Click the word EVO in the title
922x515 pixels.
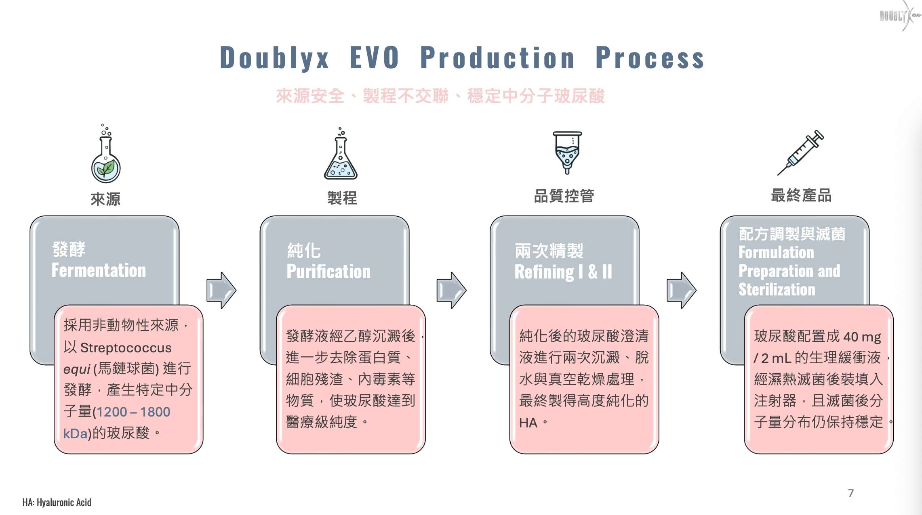375,58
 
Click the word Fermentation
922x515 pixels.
99,270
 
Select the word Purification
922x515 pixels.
328,272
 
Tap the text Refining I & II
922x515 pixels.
563,272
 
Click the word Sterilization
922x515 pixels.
777,290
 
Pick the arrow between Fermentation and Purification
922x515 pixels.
221,290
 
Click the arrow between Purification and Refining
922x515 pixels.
451,290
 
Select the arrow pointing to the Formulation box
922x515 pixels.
681,290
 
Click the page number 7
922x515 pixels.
850,493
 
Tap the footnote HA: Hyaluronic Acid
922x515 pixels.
57,502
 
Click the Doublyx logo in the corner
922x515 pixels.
899,16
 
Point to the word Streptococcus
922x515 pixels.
126,348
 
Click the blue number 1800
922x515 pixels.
155,412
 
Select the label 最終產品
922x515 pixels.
801,195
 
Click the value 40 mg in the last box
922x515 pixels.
862,337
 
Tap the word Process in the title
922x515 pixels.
650,58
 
